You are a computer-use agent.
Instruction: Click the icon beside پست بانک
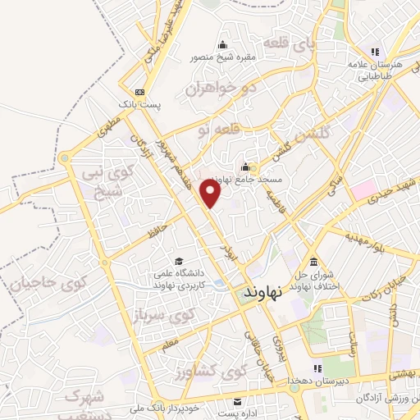[x=140, y=93]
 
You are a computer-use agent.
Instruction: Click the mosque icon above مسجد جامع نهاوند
[x=245, y=167]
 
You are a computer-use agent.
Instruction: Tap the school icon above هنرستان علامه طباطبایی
[x=376, y=54]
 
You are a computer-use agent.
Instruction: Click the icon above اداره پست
[x=238, y=401]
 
